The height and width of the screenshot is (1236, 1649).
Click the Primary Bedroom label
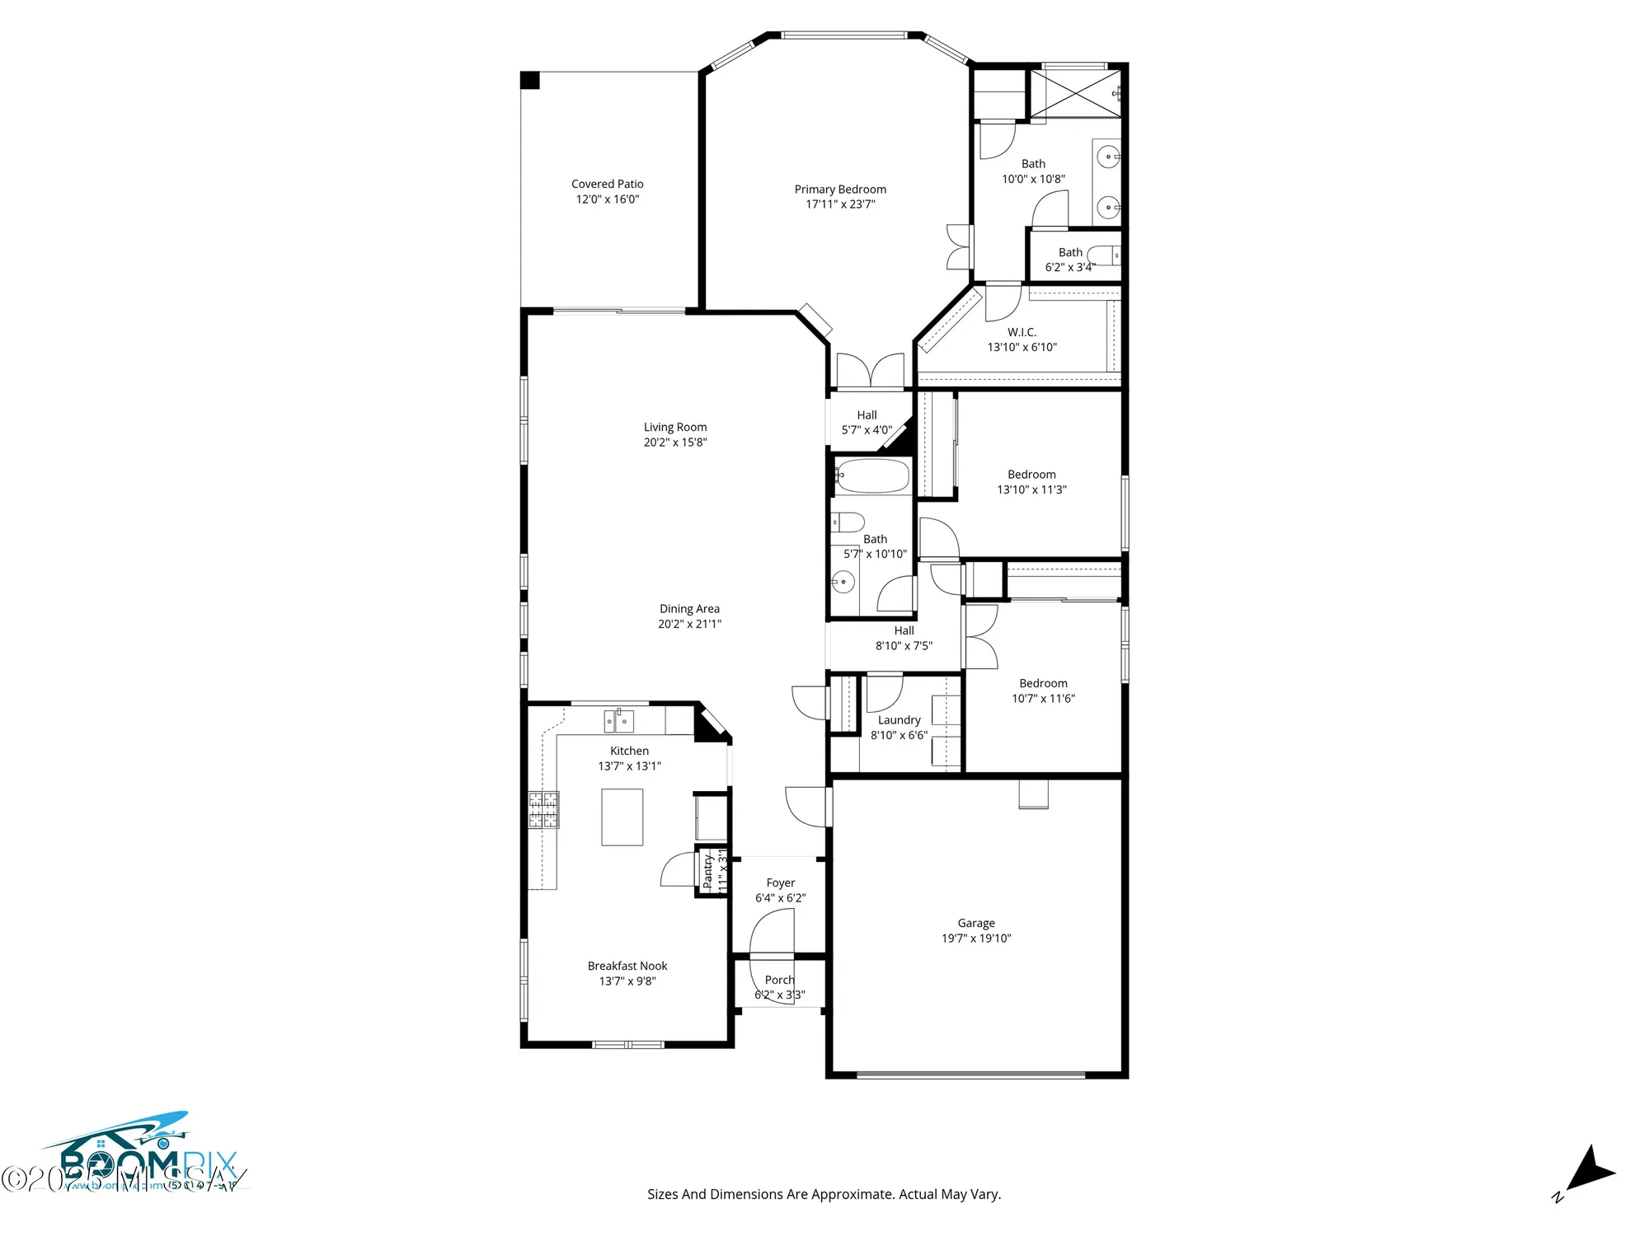point(840,190)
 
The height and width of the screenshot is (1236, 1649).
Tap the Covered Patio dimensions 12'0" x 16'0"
point(607,199)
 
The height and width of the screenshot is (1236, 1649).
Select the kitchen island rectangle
point(622,817)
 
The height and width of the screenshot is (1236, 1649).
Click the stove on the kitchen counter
point(543,809)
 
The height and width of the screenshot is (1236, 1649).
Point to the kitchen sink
point(618,721)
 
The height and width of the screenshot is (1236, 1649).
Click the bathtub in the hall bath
point(872,476)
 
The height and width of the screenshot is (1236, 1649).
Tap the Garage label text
point(976,923)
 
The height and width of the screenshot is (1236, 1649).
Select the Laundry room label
point(899,720)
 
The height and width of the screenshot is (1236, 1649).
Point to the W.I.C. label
point(1022,332)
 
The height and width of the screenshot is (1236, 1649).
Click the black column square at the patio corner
point(530,80)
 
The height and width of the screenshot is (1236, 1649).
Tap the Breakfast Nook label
point(627,966)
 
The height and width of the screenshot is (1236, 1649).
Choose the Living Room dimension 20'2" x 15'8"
point(675,442)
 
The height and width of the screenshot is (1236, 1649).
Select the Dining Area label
point(689,609)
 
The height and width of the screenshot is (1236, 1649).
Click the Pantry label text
point(707,870)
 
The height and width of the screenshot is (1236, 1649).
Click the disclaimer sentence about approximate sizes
point(824,1194)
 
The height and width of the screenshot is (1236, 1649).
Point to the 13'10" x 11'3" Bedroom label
point(1031,475)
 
